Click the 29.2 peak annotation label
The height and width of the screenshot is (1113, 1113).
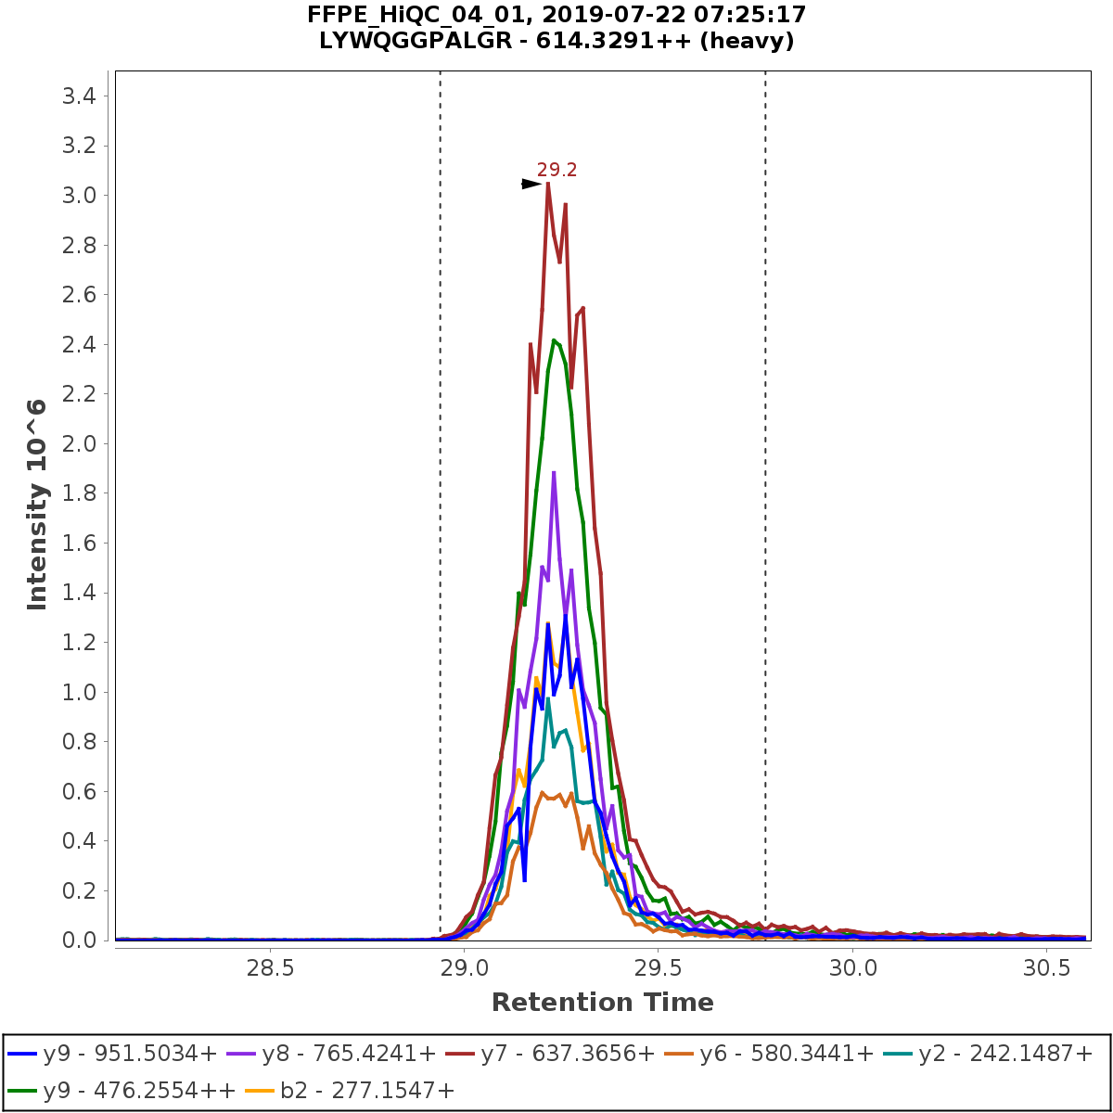pyautogui.click(x=556, y=170)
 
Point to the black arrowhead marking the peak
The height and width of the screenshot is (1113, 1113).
pyautogui.click(x=531, y=185)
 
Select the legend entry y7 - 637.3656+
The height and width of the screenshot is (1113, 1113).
pyautogui.click(x=566, y=1054)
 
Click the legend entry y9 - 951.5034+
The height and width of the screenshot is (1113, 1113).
pyautogui.click(x=112, y=1054)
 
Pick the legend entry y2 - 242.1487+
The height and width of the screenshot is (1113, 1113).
pyautogui.click(x=995, y=1054)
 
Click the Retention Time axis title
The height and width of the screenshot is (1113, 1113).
pyautogui.click(x=603, y=1003)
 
